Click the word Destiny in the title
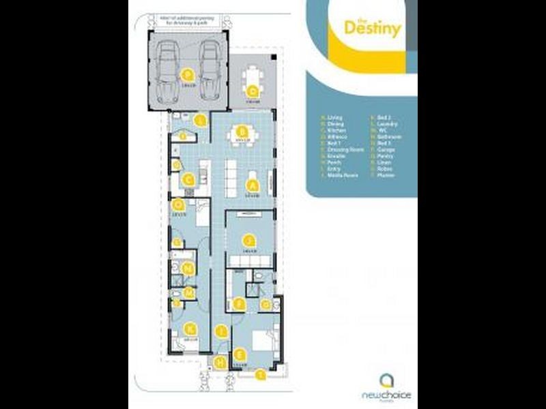point(372,29)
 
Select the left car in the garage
point(167,71)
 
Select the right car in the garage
point(209,71)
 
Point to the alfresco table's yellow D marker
point(253,91)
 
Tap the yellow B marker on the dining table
point(240,132)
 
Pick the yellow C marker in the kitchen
point(190,181)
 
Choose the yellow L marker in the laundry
point(199,121)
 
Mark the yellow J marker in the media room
point(250,240)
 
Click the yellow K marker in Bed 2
point(190,329)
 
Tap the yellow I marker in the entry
point(220,331)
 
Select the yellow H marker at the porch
point(220,363)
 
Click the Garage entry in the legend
point(386,149)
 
